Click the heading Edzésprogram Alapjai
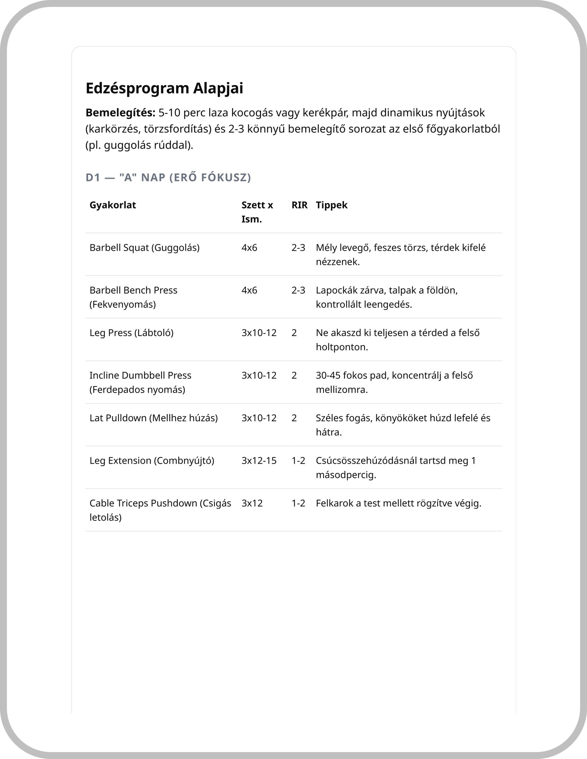[164, 88]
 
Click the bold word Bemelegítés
[120, 113]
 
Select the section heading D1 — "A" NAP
[168, 178]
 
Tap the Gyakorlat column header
[113, 205]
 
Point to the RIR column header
[299, 205]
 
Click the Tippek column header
[331, 205]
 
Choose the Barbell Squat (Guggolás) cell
[144, 248]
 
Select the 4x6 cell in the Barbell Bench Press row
[249, 290]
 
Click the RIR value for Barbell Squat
[298, 248]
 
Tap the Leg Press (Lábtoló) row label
[131, 333]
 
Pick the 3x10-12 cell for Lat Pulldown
[259, 418]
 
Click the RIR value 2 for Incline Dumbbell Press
[294, 375]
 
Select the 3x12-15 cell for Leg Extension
[259, 461]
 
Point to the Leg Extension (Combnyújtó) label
[152, 461]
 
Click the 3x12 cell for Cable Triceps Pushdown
[252, 503]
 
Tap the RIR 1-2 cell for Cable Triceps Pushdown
[298, 503]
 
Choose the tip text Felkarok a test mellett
[398, 503]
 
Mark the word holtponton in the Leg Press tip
[341, 347]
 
